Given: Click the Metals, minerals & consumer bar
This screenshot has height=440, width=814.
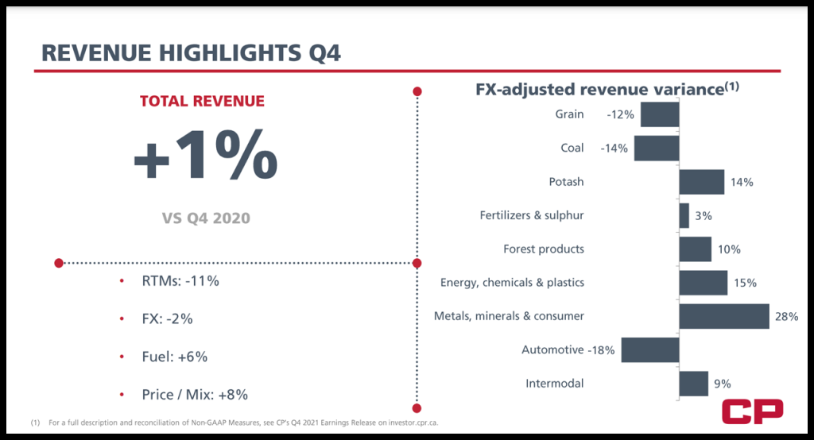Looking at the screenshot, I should pos(724,316).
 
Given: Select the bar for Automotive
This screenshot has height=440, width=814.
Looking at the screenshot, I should pos(650,350).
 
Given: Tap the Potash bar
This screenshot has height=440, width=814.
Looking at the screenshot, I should pos(702,182).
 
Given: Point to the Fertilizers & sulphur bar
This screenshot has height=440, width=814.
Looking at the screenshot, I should pos(684,215).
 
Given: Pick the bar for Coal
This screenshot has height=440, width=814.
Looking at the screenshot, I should pos(657,149).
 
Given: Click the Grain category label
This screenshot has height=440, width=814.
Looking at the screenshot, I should pos(569,114).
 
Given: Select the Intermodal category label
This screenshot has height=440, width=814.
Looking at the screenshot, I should pos(555,384).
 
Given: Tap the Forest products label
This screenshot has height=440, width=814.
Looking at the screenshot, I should pos(544,249).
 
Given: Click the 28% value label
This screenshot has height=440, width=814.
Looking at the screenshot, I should pos(786,316).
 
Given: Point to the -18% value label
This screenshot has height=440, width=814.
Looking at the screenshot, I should pos(601,350).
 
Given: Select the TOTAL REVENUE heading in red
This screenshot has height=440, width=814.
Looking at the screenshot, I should pos(202,101).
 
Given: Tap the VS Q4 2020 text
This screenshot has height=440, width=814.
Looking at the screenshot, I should pos(202,217).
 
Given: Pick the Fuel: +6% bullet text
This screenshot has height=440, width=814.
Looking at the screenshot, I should pos(176,357).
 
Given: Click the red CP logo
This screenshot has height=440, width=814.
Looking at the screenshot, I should pos(752,411).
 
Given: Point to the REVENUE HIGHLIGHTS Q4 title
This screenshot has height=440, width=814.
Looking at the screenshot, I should pos(191,53).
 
